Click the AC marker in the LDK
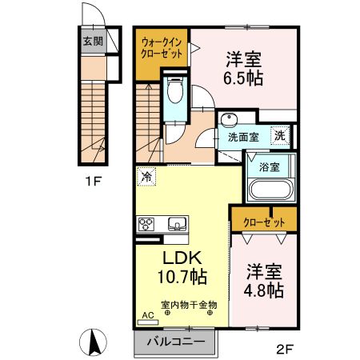pos(146,315)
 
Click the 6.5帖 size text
pos(244,78)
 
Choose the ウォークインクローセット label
pos(163,46)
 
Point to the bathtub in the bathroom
pos(270,190)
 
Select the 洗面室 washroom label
pos(243,138)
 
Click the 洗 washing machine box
pos(280,136)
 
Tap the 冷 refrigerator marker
pos(146,174)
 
